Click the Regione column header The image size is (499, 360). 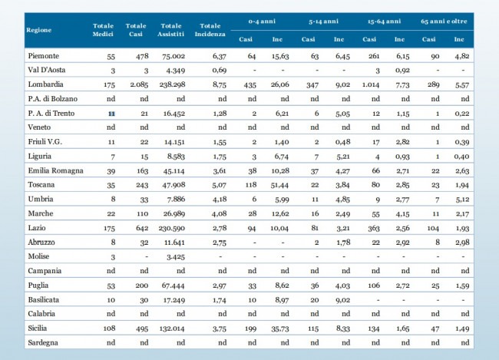(39, 30)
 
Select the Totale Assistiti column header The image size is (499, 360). (171, 30)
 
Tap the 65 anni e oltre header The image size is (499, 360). (444, 21)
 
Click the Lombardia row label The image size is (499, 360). (45, 84)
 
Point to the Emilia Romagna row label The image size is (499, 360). (56, 170)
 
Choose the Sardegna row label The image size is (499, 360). (43, 342)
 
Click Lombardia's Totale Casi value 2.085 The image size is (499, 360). (139, 84)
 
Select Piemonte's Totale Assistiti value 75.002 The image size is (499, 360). (173, 56)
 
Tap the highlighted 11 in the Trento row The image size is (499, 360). (111, 114)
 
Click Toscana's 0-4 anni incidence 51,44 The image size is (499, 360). (279, 185)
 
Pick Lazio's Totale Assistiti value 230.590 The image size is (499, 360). (172, 228)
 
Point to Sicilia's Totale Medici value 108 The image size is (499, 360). (109, 329)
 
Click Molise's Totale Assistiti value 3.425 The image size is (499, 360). (175, 256)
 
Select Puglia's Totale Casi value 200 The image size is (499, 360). (141, 286)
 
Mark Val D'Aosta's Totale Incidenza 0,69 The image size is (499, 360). (220, 70)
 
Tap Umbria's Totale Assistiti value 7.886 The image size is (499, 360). (176, 200)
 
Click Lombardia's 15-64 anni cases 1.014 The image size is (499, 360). (371, 84)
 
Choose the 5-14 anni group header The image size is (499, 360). (323, 21)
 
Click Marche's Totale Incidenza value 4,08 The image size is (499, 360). (219, 213)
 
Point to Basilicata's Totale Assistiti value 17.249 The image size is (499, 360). (173, 300)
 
